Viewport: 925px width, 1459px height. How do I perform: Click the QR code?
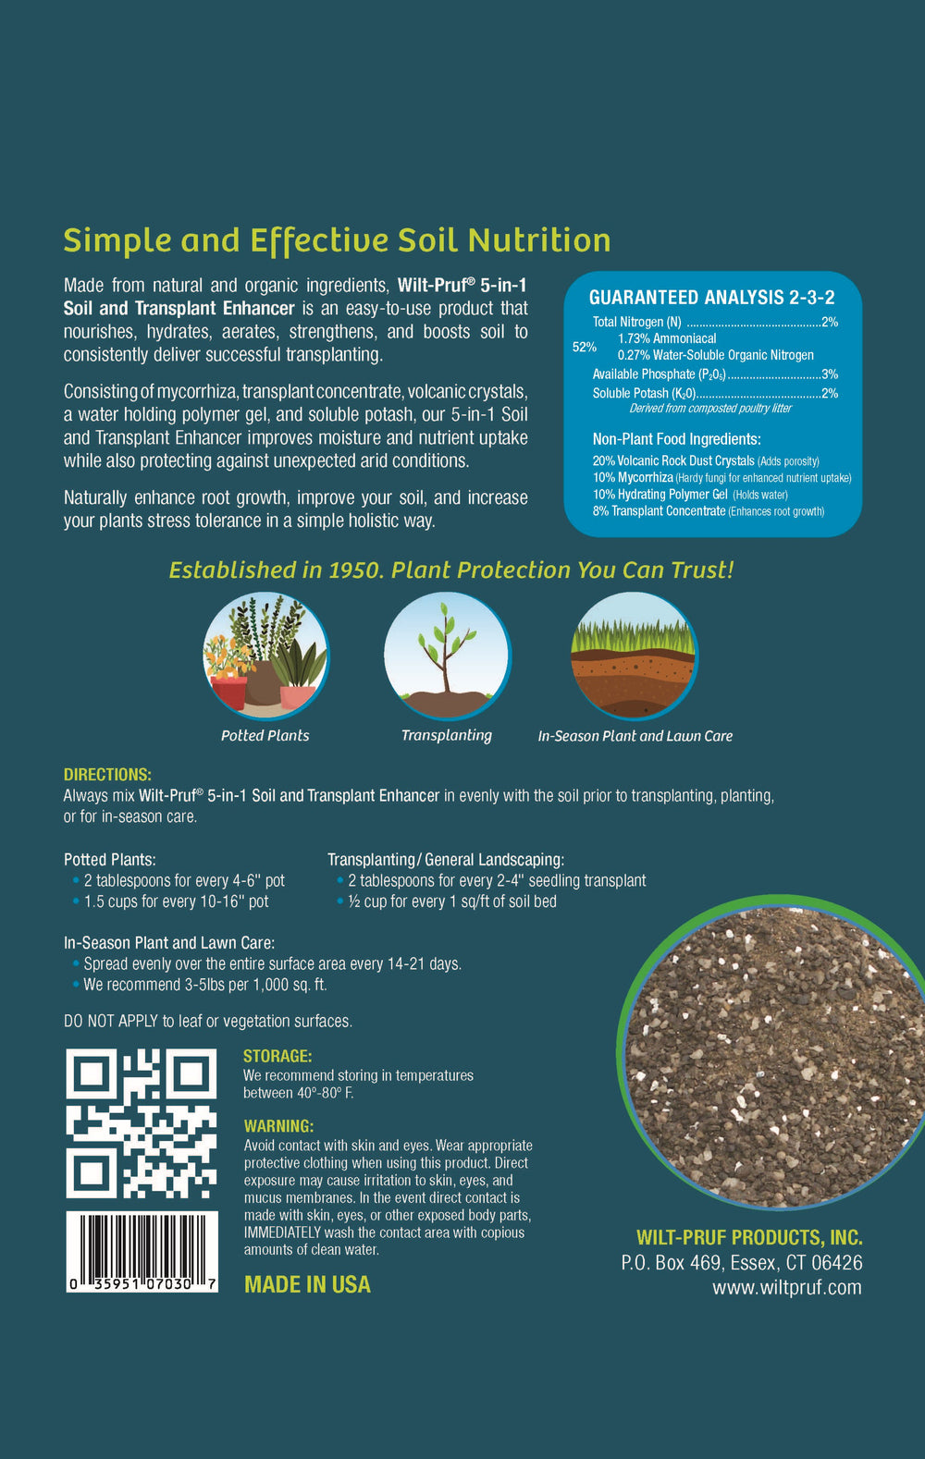[x=141, y=1123]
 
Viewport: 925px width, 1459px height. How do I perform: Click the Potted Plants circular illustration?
[x=265, y=656]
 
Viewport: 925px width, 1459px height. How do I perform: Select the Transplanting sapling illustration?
[x=447, y=656]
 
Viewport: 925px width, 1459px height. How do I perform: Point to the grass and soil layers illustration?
[x=634, y=656]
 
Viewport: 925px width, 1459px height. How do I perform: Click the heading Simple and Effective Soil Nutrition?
[x=337, y=240]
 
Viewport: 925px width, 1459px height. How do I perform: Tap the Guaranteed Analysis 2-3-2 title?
[x=711, y=298]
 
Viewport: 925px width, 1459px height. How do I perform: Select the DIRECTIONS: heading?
[x=107, y=775]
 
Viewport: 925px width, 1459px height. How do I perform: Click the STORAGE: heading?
[x=277, y=1056]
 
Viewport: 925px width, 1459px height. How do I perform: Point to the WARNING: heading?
[x=278, y=1126]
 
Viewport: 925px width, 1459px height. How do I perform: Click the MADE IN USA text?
[x=307, y=1284]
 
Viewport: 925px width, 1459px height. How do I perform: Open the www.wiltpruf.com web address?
[x=786, y=1287]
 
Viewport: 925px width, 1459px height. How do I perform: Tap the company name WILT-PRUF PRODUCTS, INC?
[x=749, y=1237]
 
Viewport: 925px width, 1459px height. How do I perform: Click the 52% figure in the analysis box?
[x=585, y=348]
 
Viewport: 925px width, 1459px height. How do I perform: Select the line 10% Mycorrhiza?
[x=721, y=478]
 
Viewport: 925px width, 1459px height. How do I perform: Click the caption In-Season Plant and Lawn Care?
[x=635, y=736]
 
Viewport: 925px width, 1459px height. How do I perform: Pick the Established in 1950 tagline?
[x=451, y=570]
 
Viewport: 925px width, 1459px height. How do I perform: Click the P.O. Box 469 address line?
[x=741, y=1262]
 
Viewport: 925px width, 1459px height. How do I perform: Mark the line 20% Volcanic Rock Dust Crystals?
[x=706, y=460]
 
